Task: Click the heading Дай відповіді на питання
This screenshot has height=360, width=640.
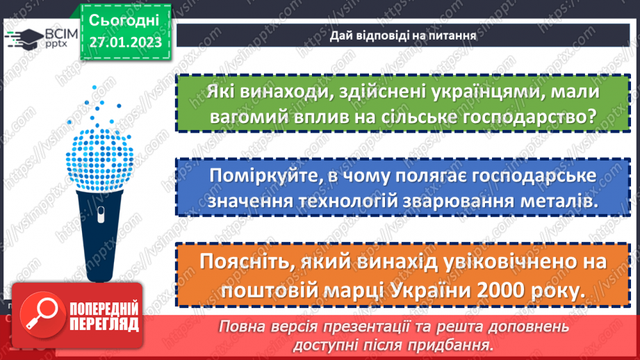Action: [x=402, y=34]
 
